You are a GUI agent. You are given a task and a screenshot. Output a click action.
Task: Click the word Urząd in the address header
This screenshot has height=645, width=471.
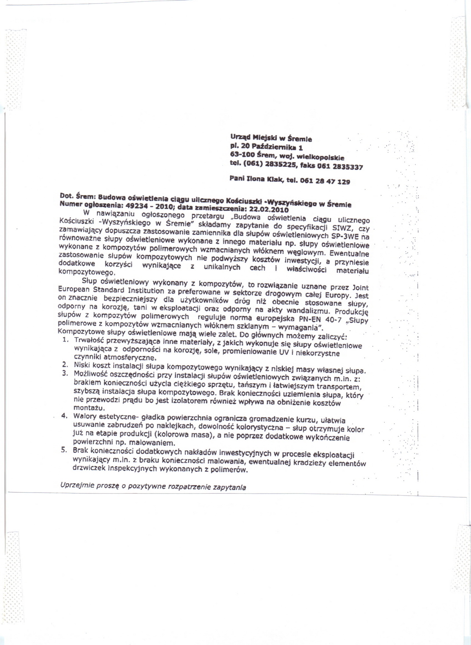click(x=239, y=138)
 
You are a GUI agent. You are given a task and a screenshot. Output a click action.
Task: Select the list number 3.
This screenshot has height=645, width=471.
click(x=64, y=373)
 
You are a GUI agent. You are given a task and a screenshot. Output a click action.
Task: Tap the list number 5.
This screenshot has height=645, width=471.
click(x=64, y=451)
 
